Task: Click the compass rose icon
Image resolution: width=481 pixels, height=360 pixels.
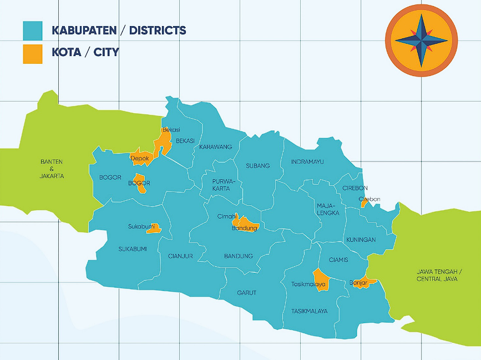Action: point(421,40)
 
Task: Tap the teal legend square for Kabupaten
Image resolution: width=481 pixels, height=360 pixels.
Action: point(32,31)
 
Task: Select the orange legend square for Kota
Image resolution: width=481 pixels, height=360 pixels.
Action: point(32,54)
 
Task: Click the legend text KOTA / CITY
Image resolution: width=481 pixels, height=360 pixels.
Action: point(85,53)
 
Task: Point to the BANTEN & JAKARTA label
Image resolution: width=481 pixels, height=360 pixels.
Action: point(52,169)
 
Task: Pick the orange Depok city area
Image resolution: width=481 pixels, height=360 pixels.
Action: point(141,158)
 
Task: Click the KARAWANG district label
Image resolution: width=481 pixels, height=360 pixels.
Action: point(215,147)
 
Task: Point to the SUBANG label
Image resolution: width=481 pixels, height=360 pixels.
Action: point(257,166)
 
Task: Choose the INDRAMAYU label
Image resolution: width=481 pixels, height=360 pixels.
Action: point(307,162)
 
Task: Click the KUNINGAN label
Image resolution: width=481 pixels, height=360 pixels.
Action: point(361,240)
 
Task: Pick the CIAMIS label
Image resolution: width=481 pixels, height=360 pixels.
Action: point(338,260)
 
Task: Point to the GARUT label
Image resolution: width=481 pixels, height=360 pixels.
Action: point(246,292)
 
